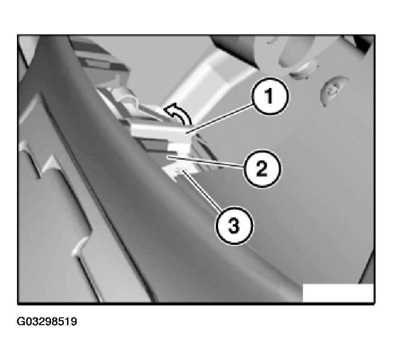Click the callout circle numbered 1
270,96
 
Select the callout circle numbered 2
263,168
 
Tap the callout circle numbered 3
234,225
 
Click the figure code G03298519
47,321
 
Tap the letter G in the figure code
20,321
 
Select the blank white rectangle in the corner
338,293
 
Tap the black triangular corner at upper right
364,45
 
